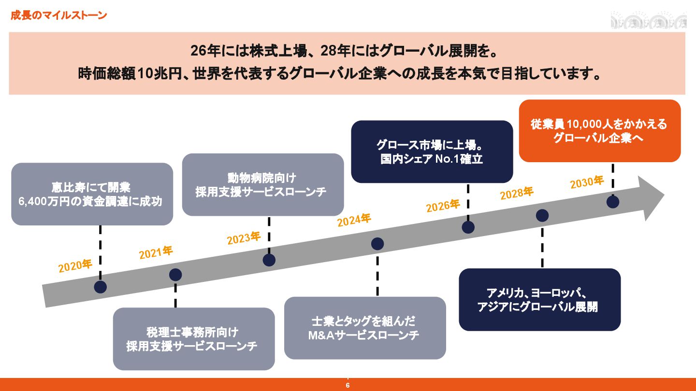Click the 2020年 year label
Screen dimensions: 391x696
75,266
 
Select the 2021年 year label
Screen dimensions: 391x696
156,252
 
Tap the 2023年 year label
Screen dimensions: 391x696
244,238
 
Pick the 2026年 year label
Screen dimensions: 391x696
443,206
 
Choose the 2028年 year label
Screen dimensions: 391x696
517,194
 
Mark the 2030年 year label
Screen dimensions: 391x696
587,182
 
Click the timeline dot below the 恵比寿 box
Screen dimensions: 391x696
101,287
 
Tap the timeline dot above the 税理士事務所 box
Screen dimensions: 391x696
175,275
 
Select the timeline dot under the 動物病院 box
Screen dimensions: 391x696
269,260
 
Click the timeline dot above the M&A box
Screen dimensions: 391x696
377,244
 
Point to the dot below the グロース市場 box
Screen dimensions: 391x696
468,227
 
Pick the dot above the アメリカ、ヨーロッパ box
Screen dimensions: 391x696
542,216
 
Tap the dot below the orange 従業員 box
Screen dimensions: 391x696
613,202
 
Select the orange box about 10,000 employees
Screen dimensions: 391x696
599,131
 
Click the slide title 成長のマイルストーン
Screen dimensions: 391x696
58,15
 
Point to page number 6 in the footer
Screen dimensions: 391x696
348,386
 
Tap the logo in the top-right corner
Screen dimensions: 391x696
648,21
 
